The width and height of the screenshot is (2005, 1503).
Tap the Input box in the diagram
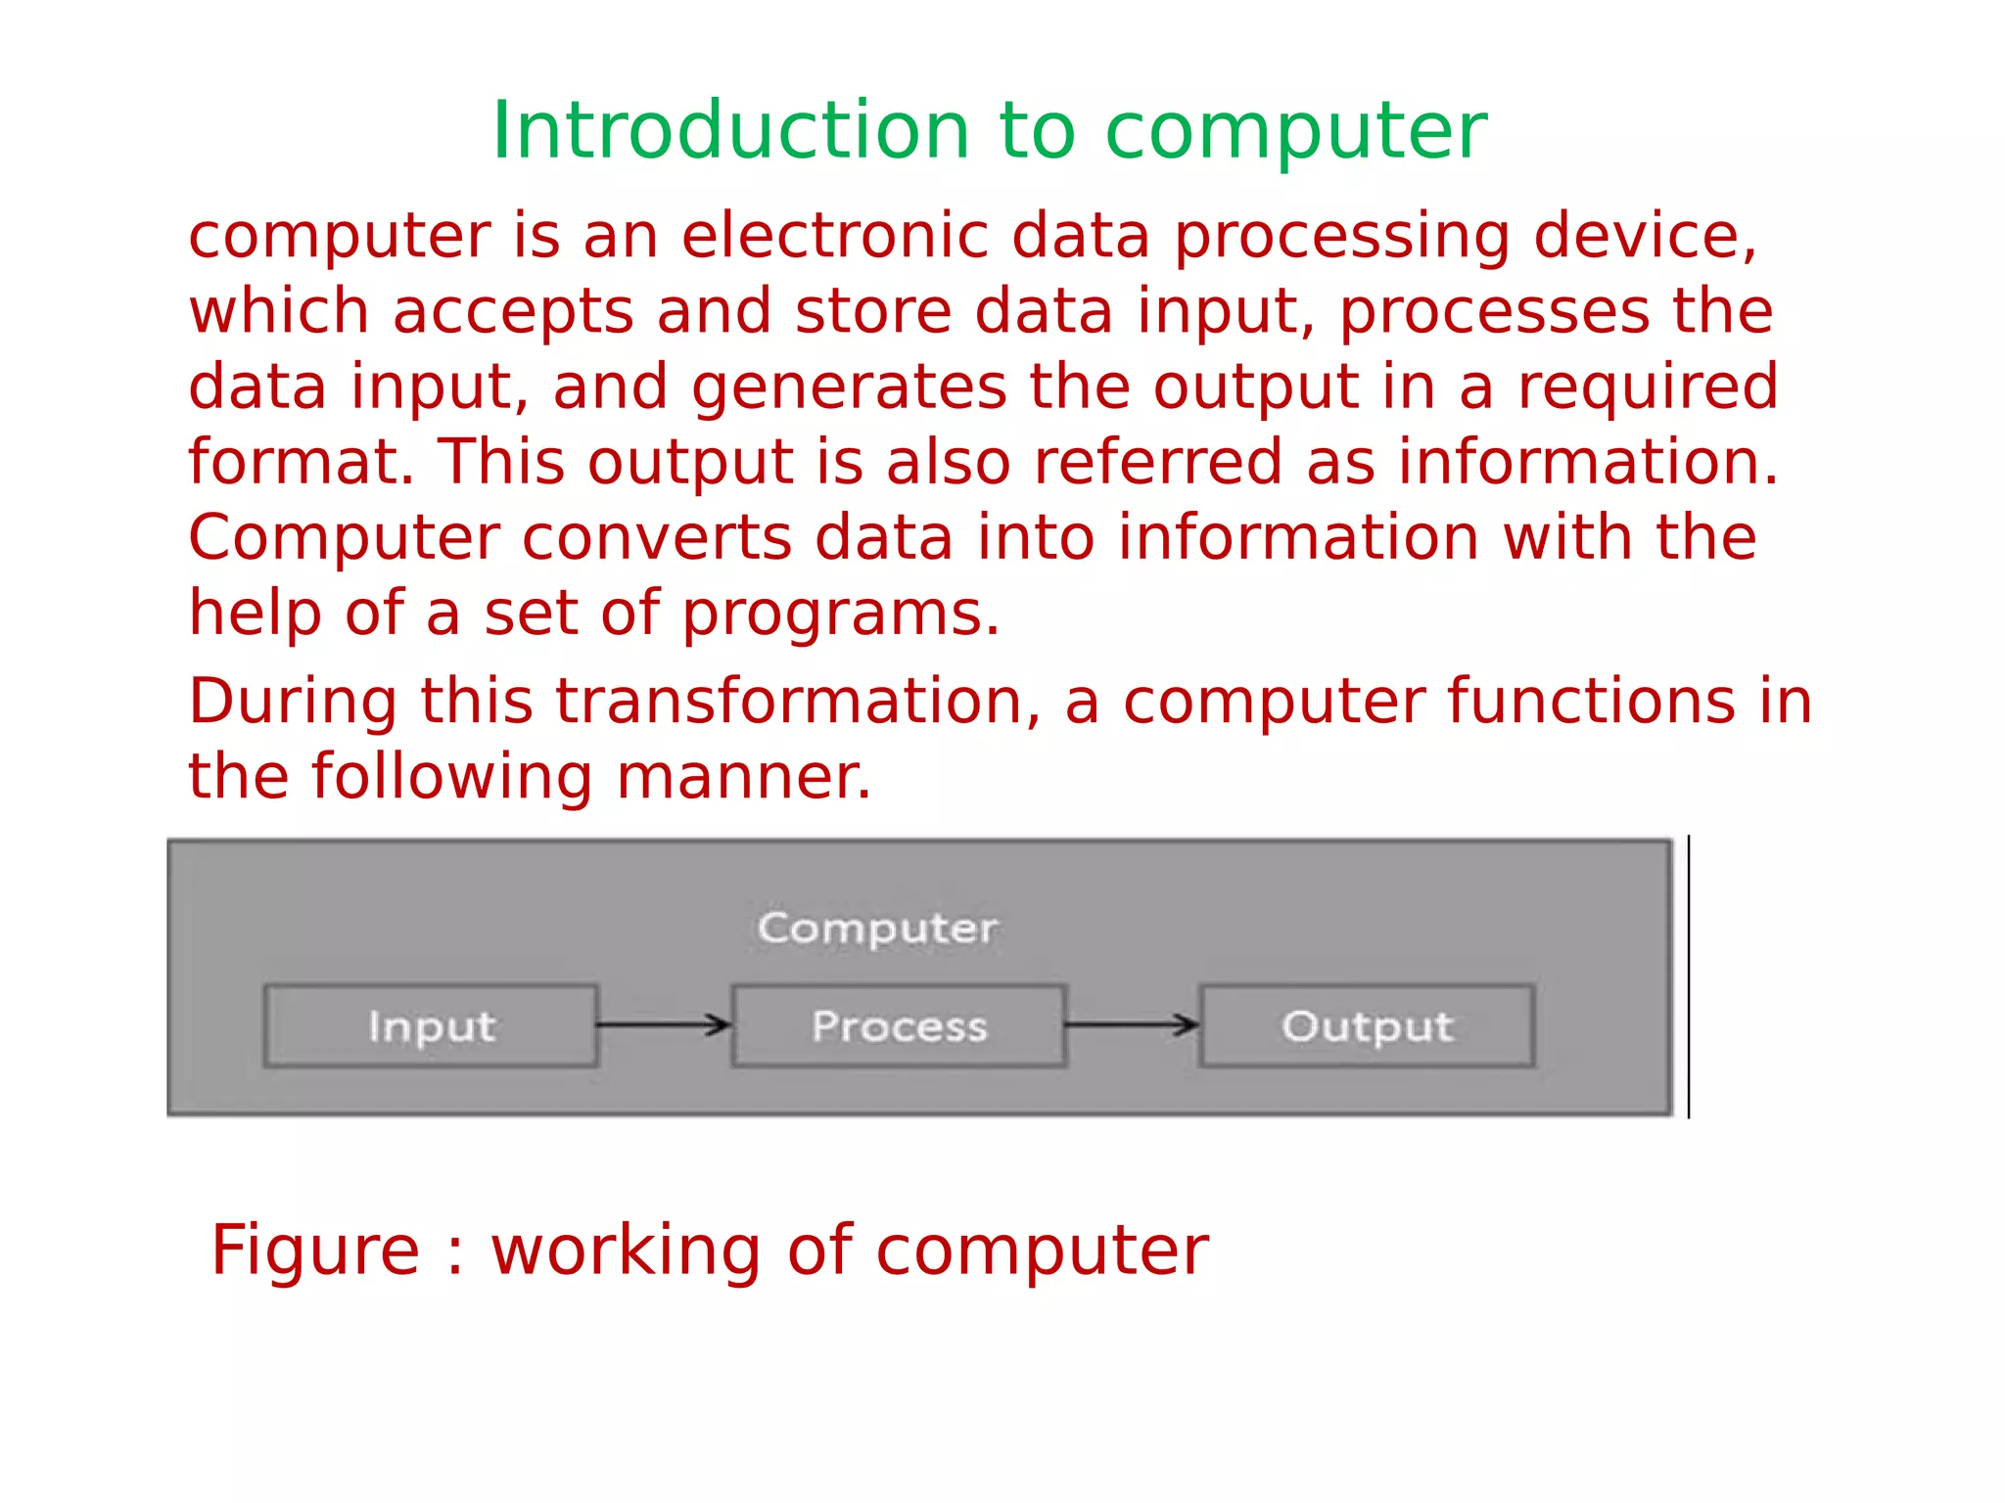tap(431, 1025)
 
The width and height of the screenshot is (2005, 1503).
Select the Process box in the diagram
tap(899, 1025)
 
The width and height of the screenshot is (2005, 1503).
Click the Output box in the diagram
tap(1367, 1025)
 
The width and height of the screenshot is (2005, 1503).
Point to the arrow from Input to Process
tap(664, 1025)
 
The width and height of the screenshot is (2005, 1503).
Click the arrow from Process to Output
tap(1132, 1025)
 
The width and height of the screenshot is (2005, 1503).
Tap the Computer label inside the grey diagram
tap(877, 928)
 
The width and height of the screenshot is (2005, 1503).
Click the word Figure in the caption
tap(315, 1251)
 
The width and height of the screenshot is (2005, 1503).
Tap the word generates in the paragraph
tap(849, 387)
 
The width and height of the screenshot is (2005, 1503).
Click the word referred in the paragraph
tap(1157, 462)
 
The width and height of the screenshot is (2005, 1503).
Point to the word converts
tap(656, 537)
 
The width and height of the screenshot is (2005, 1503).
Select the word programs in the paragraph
tap(840, 615)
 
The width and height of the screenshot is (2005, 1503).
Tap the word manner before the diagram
tap(743, 777)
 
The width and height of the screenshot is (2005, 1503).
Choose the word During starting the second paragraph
tap(293, 702)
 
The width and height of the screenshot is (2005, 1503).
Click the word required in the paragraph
tap(1647, 387)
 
